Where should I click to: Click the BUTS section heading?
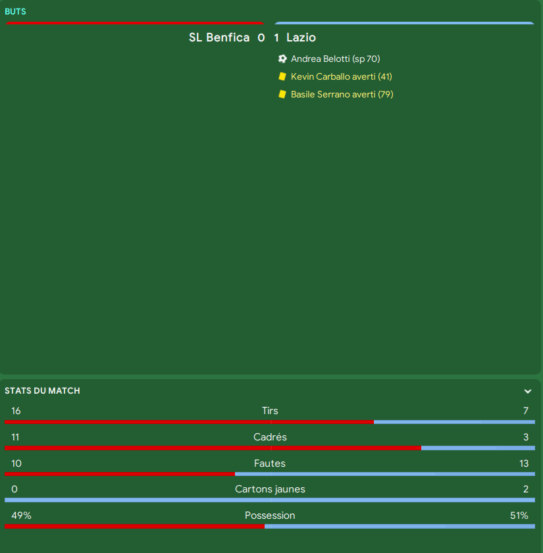pos(16,11)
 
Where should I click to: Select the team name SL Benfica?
pos(219,38)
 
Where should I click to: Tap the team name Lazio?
pos(301,38)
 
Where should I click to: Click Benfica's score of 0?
pos(261,38)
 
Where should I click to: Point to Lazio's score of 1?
pos(276,38)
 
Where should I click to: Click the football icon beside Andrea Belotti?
pos(282,59)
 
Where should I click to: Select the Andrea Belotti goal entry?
pos(335,59)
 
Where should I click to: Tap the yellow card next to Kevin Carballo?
pos(282,76)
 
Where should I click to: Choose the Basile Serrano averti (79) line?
pos(342,94)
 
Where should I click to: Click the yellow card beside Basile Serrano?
pos(282,94)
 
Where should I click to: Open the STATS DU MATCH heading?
pos(42,390)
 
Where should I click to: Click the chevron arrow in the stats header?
pos(528,391)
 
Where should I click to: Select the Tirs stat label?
pos(270,411)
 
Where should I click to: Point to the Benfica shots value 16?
pos(16,411)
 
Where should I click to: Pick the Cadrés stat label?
pos(270,437)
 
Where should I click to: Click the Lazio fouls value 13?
pos(524,463)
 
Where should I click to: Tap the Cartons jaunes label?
pos(270,489)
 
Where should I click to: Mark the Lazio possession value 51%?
pos(519,515)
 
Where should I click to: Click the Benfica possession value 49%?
pos(21,515)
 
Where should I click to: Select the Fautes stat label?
pos(270,463)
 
